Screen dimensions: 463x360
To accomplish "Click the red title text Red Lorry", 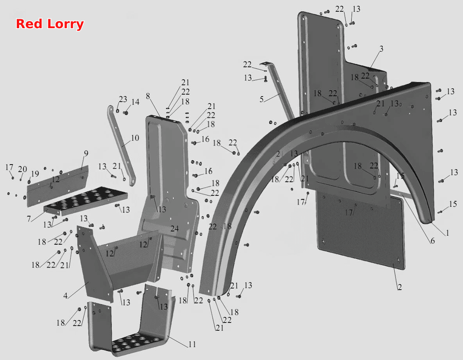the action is [50, 24].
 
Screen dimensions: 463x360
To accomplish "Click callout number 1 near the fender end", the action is [447, 233].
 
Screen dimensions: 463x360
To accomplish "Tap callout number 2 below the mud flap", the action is [400, 287].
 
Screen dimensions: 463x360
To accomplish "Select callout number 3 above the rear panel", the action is [381, 49].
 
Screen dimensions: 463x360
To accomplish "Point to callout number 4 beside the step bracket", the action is [65, 296].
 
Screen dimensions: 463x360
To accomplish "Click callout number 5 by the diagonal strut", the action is [261, 99].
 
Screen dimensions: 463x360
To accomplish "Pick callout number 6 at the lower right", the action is [433, 241].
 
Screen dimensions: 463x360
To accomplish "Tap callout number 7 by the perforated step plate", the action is [29, 219].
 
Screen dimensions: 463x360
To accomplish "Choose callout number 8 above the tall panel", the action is [148, 96].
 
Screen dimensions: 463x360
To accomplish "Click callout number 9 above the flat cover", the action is [86, 153].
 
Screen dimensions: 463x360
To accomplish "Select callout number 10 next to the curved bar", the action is [135, 138].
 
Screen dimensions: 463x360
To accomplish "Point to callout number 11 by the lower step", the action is [192, 344].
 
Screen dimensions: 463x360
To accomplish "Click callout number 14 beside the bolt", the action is [135, 102].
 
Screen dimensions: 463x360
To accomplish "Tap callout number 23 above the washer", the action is [123, 99].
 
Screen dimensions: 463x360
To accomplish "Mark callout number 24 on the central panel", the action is [175, 229].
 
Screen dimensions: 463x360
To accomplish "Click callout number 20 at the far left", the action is [22, 169].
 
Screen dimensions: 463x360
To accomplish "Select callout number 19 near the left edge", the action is [35, 174].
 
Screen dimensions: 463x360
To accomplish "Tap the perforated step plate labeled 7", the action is [86, 201].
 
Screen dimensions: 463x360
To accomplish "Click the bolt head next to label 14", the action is [126, 113].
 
